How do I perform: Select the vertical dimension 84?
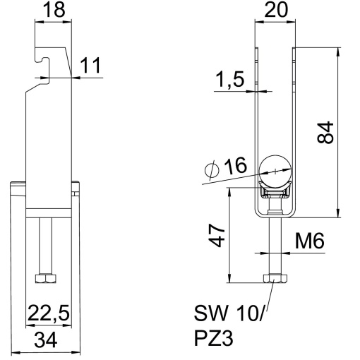click(x=325, y=131)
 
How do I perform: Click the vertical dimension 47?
click(x=218, y=235)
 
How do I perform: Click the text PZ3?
click(x=210, y=340)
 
